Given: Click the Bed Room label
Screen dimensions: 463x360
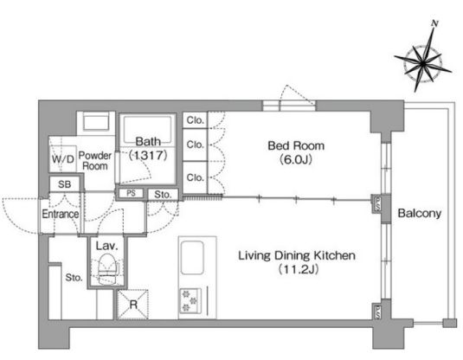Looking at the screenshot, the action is (296, 145).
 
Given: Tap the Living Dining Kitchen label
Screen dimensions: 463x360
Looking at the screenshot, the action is (297, 255).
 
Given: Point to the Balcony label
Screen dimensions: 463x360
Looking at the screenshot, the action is (420, 213).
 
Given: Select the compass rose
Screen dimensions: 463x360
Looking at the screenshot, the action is (423, 63).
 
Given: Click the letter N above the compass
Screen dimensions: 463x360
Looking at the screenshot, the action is (434, 23).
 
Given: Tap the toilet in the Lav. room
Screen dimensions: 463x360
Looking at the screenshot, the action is (107, 269).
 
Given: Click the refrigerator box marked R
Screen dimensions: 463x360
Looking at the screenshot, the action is (133, 305).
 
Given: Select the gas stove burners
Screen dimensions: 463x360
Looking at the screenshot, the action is (190, 300).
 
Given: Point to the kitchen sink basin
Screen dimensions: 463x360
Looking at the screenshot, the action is (192, 258).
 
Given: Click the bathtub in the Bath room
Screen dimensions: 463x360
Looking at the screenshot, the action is (148, 130).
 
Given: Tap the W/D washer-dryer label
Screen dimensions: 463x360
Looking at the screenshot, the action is (63, 159).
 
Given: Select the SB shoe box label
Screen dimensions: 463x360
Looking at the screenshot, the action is (65, 184).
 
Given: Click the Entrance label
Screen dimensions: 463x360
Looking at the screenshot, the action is (61, 214).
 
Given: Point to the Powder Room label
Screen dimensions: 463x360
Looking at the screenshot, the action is (95, 160).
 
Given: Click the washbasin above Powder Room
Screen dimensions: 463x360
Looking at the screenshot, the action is (96, 121).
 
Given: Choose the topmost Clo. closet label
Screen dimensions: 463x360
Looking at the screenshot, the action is (196, 120).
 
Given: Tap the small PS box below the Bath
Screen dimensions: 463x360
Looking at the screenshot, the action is (131, 193).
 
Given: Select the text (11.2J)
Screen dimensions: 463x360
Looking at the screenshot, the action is (299, 269).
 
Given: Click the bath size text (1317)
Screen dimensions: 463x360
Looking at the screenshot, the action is (148, 155).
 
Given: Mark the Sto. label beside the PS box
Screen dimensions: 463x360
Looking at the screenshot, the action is (163, 195).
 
